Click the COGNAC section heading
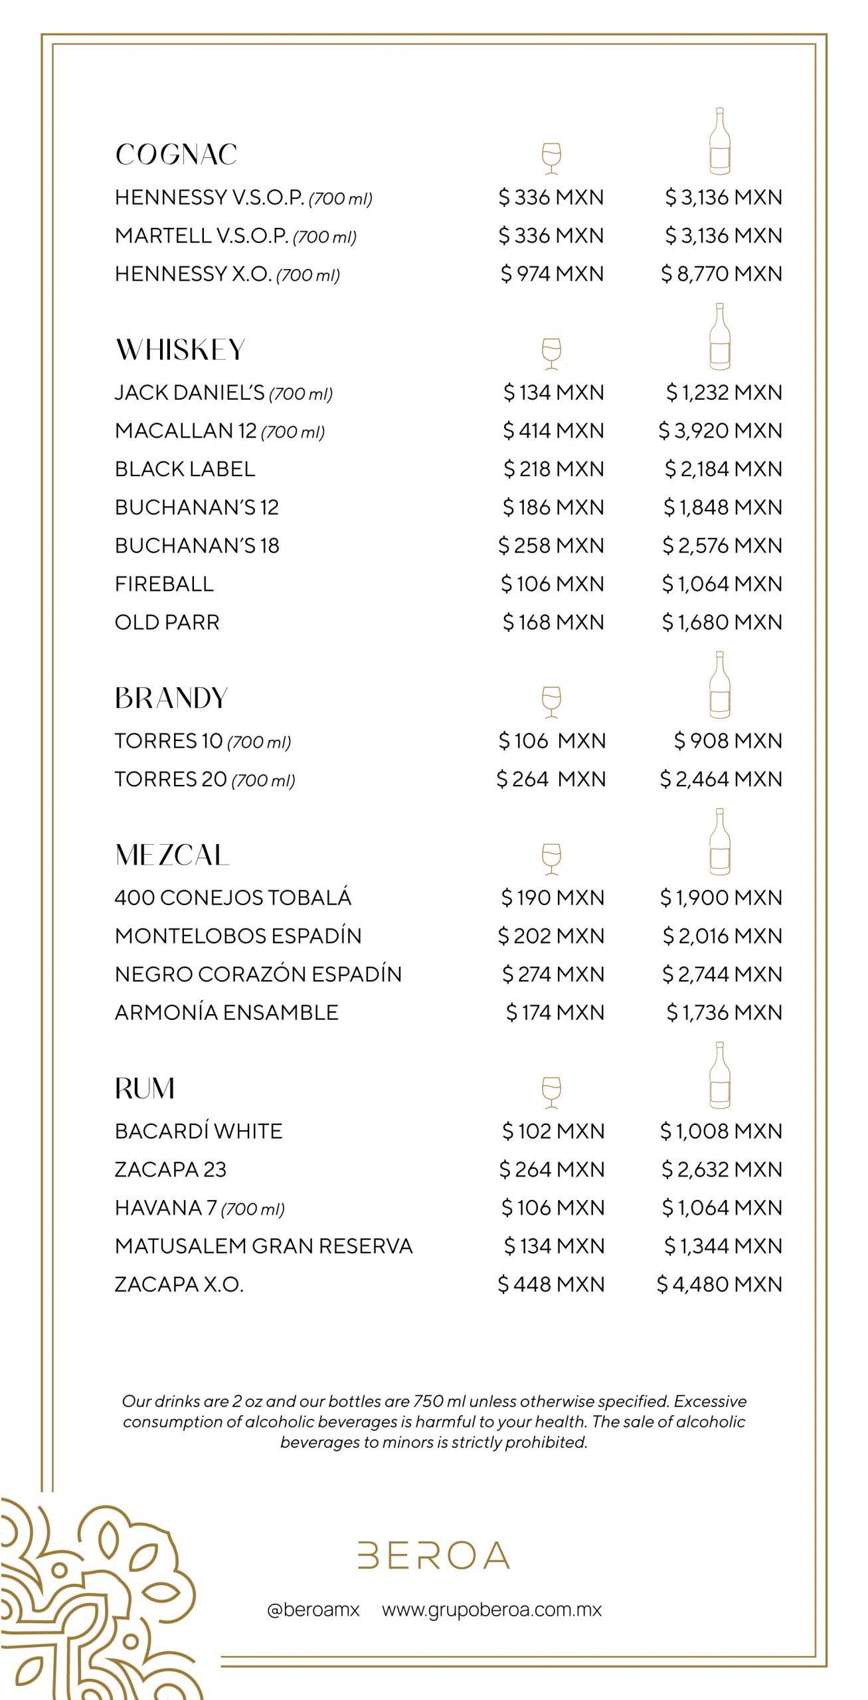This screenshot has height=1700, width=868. [x=176, y=155]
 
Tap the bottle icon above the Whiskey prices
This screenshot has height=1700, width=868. [x=719, y=337]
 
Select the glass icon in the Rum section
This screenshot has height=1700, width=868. [x=551, y=1092]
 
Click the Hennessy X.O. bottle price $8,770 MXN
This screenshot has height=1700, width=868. [x=721, y=274]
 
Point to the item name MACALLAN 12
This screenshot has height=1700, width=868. [x=186, y=431]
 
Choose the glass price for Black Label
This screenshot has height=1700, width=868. [x=553, y=469]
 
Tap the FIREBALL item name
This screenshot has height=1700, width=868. [x=164, y=584]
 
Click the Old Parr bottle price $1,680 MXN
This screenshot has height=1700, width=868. [x=722, y=623]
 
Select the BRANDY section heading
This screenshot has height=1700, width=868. [x=171, y=699]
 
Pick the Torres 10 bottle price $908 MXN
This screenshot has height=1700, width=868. [x=728, y=741]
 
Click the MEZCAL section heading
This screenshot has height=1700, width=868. [x=172, y=855]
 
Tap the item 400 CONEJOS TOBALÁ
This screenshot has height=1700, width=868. [x=232, y=898]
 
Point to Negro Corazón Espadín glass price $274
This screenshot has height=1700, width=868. [x=553, y=974]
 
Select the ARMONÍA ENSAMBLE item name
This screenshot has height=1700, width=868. [x=226, y=1013]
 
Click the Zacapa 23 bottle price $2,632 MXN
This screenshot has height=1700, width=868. [x=721, y=1169]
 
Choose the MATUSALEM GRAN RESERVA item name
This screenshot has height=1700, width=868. [x=264, y=1246]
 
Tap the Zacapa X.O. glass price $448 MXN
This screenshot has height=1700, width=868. [x=551, y=1284]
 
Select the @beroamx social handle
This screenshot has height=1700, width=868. [x=313, y=1610]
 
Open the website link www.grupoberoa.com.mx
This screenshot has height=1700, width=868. [x=491, y=1610]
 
